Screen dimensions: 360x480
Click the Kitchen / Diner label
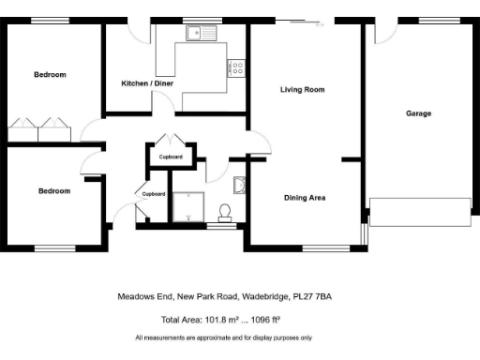[x=147, y=83]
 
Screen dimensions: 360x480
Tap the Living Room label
[x=302, y=90]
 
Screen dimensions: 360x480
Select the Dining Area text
[x=305, y=198]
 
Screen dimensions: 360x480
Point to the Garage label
[x=418, y=113]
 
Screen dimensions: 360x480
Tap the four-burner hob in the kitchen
[x=236, y=67]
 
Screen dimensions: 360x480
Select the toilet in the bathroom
[x=225, y=209]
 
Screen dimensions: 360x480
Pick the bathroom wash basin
[x=238, y=184]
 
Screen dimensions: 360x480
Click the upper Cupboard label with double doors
[x=171, y=157]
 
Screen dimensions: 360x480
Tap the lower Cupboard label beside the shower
[x=153, y=194]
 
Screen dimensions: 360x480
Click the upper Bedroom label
[x=51, y=75]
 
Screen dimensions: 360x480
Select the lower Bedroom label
[x=53, y=191]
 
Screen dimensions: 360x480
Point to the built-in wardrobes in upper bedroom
[x=42, y=130]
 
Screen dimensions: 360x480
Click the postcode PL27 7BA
[x=312, y=296]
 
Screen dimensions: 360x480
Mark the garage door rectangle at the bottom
[x=419, y=212]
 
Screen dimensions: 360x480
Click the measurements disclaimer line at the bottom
[x=224, y=337]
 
